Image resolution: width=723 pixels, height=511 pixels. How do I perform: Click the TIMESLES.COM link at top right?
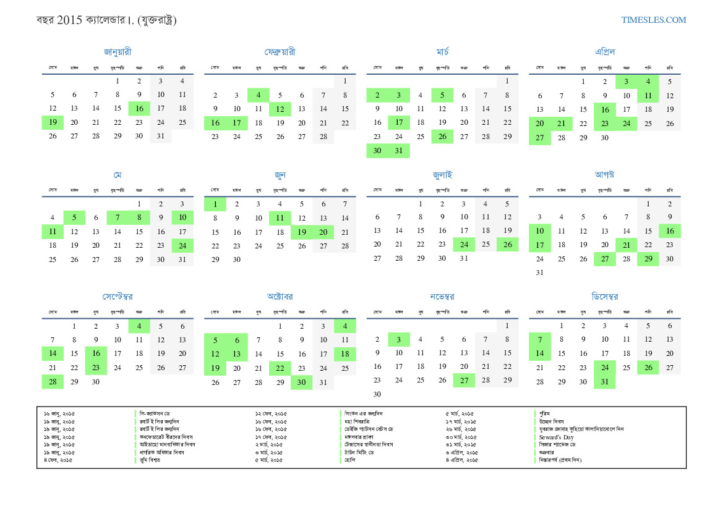point(654,20)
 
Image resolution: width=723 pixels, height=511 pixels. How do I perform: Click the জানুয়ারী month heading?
point(118,52)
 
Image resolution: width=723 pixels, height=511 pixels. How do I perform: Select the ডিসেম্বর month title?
point(604,297)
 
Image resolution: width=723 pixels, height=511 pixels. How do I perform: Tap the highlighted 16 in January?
point(139,109)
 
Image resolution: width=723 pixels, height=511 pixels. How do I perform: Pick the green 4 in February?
point(259,95)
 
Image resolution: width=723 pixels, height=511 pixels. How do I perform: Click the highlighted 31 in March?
point(399,150)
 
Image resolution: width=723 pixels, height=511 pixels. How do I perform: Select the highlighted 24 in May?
point(182,245)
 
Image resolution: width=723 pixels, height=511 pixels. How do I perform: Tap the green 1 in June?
point(215,204)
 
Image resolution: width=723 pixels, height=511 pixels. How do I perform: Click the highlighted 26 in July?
point(508,245)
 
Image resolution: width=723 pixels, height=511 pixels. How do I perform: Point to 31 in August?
point(540,272)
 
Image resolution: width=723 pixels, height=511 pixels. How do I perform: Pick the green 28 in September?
point(53,381)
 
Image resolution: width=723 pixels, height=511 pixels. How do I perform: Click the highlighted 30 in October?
point(302,382)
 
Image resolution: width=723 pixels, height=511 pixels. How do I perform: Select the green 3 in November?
point(399,339)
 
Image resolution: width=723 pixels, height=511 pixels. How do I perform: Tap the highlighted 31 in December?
point(604,381)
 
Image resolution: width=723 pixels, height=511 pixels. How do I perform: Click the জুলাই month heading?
point(442,175)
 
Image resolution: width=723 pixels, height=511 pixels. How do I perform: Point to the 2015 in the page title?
point(69,20)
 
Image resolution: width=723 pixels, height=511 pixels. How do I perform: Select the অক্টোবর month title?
point(280,297)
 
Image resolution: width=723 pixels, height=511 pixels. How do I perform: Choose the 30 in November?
point(377,394)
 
